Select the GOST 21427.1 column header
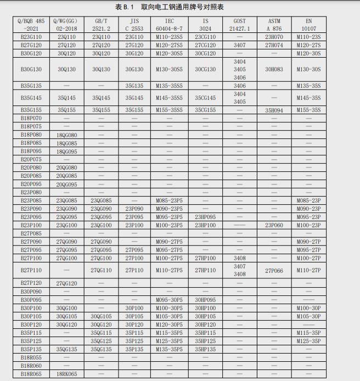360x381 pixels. pos(239,25)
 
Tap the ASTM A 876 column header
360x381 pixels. pos(274,25)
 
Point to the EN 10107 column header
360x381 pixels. pos(308,25)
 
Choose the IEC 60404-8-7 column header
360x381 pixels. pos(169,25)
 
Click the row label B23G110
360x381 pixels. pos(31,37)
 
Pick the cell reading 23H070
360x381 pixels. pos(274,37)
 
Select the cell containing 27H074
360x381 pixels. pos(274,45)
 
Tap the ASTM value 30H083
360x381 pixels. pos(274,70)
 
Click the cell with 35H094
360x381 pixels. pos(274,110)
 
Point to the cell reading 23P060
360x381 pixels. pos(274,225)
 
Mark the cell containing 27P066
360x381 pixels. pos(274,270)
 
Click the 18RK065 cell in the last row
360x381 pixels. pos(67,374)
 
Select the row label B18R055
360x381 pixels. pos(31,357)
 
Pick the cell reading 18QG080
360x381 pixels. pos(67,135)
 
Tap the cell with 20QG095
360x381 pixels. pos(67,184)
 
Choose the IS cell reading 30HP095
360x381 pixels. pos(205,300)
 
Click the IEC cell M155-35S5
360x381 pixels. pos(169,110)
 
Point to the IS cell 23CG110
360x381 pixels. pos(205,37)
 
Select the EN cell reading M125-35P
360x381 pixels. pos(308,341)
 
